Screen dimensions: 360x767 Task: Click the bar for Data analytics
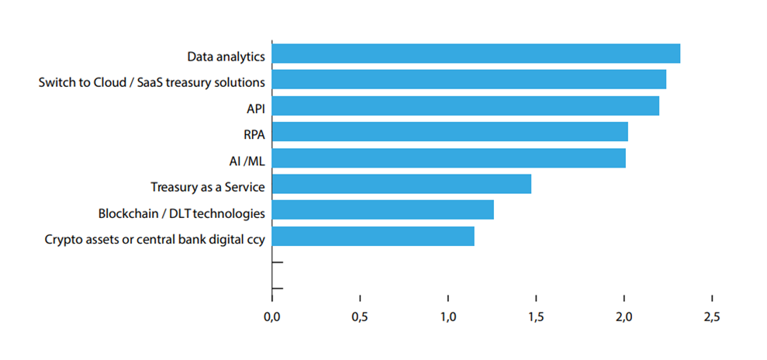coord(476,54)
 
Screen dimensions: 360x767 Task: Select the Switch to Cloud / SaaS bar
coord(469,80)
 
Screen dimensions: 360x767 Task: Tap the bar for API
coord(465,106)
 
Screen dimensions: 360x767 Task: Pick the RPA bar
coord(450,132)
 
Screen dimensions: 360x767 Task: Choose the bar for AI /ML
coord(449,158)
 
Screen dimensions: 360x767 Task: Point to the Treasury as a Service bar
coord(402,184)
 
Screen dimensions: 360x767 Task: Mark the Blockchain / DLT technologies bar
coord(383,210)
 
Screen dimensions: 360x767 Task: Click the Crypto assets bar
coord(373,237)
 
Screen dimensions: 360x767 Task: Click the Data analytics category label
coord(226,57)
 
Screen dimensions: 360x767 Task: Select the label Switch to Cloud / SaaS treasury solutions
coord(151,82)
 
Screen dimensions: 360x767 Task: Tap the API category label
coord(255,109)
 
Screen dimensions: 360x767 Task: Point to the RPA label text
coord(254,135)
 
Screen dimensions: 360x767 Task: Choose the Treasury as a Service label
coord(207,187)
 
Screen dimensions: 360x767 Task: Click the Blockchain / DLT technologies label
coord(181,213)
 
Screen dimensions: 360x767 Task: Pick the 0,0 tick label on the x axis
coord(271,317)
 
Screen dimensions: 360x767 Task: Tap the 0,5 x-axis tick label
coord(359,317)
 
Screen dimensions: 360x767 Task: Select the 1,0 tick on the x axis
coord(447,317)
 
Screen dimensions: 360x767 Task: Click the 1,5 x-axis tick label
coord(536,317)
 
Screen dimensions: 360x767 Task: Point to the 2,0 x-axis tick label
coord(624,317)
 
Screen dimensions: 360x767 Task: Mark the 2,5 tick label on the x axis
coord(712,317)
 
